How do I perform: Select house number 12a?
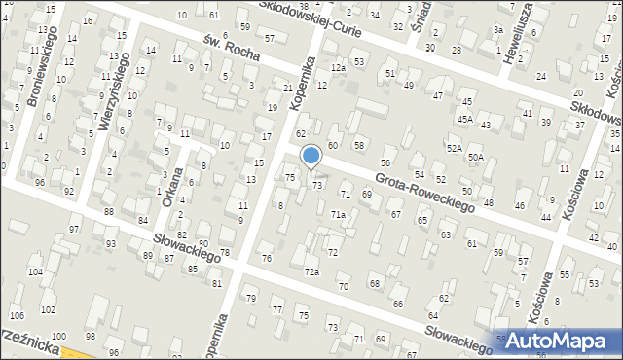(x=337, y=68)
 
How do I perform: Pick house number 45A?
(x=465, y=120)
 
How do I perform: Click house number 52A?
(x=454, y=148)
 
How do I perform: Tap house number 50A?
(x=475, y=157)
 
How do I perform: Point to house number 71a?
(x=337, y=214)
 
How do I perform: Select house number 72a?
(x=311, y=271)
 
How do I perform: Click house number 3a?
(x=497, y=30)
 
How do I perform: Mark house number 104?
(x=35, y=272)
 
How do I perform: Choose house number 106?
(x=17, y=316)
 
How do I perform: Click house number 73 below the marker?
(x=316, y=185)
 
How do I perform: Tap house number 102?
(x=48, y=310)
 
